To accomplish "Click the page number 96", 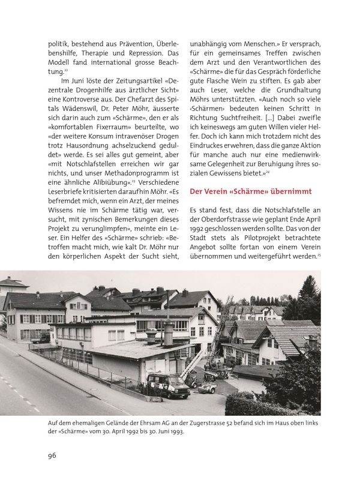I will click(52, 456).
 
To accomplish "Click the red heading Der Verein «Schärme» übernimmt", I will click(250, 191).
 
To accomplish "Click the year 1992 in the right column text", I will click(199, 229).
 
